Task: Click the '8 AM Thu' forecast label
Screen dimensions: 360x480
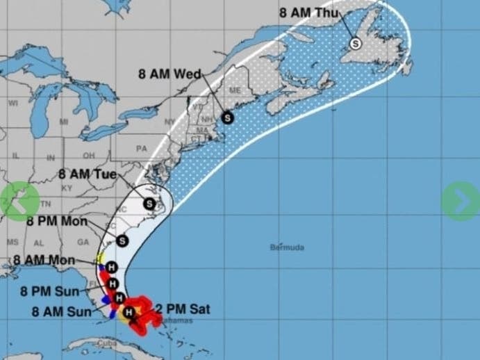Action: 308,12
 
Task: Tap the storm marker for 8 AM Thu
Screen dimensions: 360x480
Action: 356,43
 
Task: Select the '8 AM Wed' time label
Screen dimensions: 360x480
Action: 169,74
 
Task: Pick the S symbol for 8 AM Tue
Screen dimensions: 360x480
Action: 149,203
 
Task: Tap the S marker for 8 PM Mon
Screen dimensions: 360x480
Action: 122,240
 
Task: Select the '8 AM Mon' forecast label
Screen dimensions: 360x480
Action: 43,261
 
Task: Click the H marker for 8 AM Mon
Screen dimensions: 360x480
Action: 112,268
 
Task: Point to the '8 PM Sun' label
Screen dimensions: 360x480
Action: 49,291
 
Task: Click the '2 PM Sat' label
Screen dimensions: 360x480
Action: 183,309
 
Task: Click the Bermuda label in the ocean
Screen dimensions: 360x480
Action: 288,247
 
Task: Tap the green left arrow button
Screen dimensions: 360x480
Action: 20,201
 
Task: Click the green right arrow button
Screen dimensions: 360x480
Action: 460,202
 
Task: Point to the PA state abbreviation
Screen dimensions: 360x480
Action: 142,148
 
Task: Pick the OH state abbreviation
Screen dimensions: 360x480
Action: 89,155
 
